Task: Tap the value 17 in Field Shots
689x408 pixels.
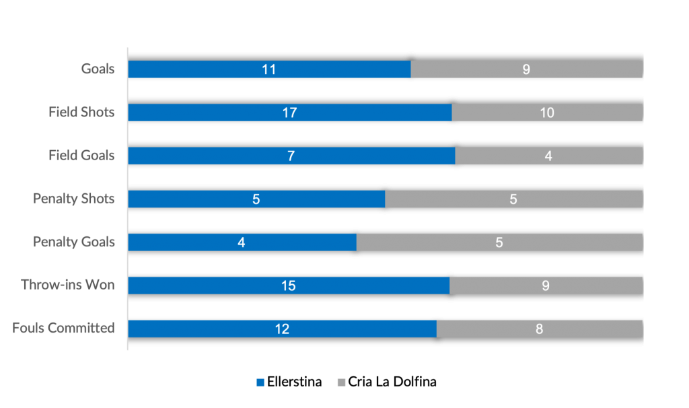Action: (x=289, y=113)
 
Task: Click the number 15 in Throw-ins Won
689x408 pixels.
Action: (x=289, y=286)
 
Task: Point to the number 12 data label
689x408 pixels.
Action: (x=282, y=329)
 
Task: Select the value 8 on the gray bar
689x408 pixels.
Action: (x=540, y=329)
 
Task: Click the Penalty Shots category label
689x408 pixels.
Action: (x=74, y=199)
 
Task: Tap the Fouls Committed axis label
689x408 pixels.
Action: (x=63, y=329)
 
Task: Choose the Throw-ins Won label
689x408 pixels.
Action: (x=68, y=285)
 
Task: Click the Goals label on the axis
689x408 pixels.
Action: (x=98, y=69)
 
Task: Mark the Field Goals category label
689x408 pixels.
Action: (x=81, y=156)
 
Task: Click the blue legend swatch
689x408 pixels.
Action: (x=261, y=382)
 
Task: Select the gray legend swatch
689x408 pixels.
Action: (x=341, y=382)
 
